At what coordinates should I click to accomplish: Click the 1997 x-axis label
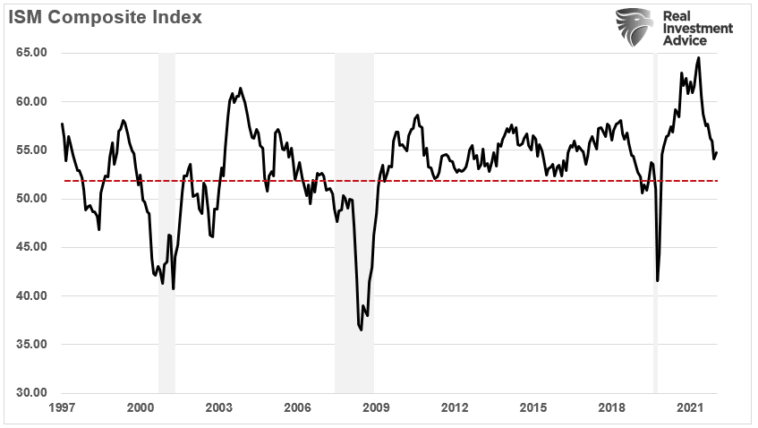62,408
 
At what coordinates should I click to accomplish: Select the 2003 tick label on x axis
219,408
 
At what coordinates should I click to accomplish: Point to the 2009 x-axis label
376,408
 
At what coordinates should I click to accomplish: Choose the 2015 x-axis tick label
533,408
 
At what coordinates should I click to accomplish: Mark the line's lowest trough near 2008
361,330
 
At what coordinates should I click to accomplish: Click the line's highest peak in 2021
698,58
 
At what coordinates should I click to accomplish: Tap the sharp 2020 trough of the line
658,280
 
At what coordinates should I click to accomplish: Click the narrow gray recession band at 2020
655,224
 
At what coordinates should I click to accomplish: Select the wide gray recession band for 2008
354,224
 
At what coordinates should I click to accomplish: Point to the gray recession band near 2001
166,224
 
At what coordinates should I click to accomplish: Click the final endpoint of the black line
717,152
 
